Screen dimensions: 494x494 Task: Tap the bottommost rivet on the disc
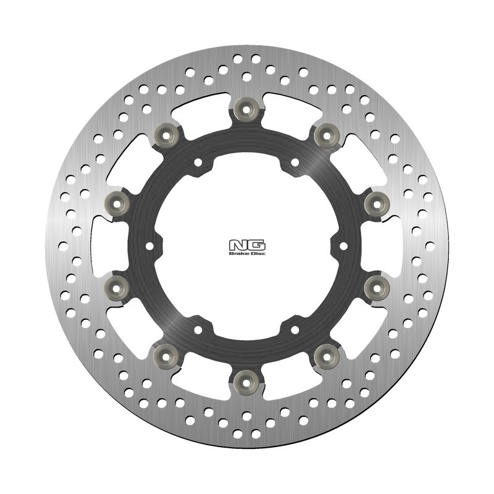pos(247,382)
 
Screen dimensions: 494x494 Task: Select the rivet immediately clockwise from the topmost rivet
pos(327,135)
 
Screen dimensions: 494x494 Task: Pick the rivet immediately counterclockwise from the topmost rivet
pos(167,135)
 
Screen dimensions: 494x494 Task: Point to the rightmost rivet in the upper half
pos(376,203)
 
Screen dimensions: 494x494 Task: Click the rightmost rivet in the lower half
pos(376,288)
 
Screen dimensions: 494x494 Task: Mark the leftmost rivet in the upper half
pos(117,203)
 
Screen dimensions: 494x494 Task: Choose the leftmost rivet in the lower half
pos(117,288)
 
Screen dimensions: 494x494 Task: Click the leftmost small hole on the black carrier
pos(150,246)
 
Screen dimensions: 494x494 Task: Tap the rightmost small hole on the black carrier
pos(343,246)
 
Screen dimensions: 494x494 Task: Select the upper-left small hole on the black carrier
pos(199,162)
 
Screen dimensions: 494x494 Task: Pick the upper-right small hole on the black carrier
pos(295,162)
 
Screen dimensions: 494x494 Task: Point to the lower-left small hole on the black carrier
pos(199,329)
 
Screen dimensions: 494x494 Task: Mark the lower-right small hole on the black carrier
pos(295,329)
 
